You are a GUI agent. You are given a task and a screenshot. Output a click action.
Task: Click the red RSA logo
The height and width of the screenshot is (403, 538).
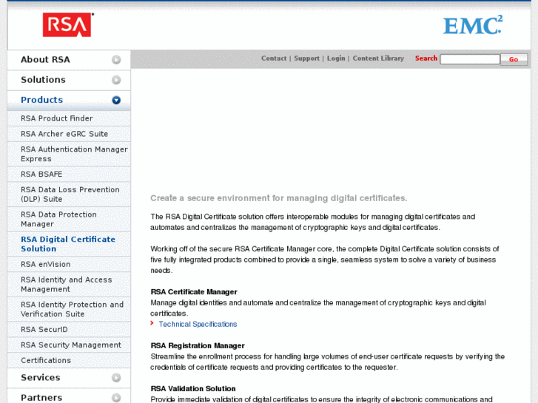tap(67, 25)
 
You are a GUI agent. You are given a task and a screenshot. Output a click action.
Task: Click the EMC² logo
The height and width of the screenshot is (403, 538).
tap(472, 25)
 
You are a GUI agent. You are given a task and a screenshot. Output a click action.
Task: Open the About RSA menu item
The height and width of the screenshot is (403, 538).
tap(45, 60)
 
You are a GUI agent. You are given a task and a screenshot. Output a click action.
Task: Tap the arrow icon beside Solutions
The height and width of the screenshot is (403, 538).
tap(116, 80)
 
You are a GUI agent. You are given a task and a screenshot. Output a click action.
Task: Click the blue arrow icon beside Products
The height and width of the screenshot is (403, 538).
tap(116, 100)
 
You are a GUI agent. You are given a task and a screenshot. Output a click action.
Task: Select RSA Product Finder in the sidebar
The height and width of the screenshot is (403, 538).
tap(57, 118)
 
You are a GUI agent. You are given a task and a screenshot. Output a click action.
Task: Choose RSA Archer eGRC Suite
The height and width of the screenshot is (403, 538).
tap(64, 134)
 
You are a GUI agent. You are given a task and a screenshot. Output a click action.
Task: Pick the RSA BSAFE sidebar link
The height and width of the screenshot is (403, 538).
tap(41, 175)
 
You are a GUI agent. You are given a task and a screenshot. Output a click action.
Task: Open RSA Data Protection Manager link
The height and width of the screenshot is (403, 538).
tap(58, 219)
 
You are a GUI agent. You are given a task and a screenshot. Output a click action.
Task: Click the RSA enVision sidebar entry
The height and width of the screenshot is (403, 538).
tap(46, 264)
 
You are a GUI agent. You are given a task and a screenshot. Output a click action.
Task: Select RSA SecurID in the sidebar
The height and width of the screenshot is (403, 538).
tap(44, 330)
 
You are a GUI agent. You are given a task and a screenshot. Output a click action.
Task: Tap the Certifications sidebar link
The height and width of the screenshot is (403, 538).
tap(46, 360)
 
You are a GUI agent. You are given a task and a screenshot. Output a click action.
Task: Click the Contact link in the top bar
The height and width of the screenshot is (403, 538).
tap(274, 58)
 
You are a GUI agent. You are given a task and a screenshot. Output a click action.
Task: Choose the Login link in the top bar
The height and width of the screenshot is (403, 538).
tap(336, 58)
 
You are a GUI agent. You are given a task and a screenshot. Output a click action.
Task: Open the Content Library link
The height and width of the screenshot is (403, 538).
tap(378, 58)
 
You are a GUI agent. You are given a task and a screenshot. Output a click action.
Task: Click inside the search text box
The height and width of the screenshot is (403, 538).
tap(470, 59)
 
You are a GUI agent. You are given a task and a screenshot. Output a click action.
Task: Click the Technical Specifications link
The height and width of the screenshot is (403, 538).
tap(198, 324)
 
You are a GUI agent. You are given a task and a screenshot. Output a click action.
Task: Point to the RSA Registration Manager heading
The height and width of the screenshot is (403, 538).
tap(198, 345)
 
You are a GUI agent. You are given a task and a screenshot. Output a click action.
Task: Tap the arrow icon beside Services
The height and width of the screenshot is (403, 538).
tap(116, 378)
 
